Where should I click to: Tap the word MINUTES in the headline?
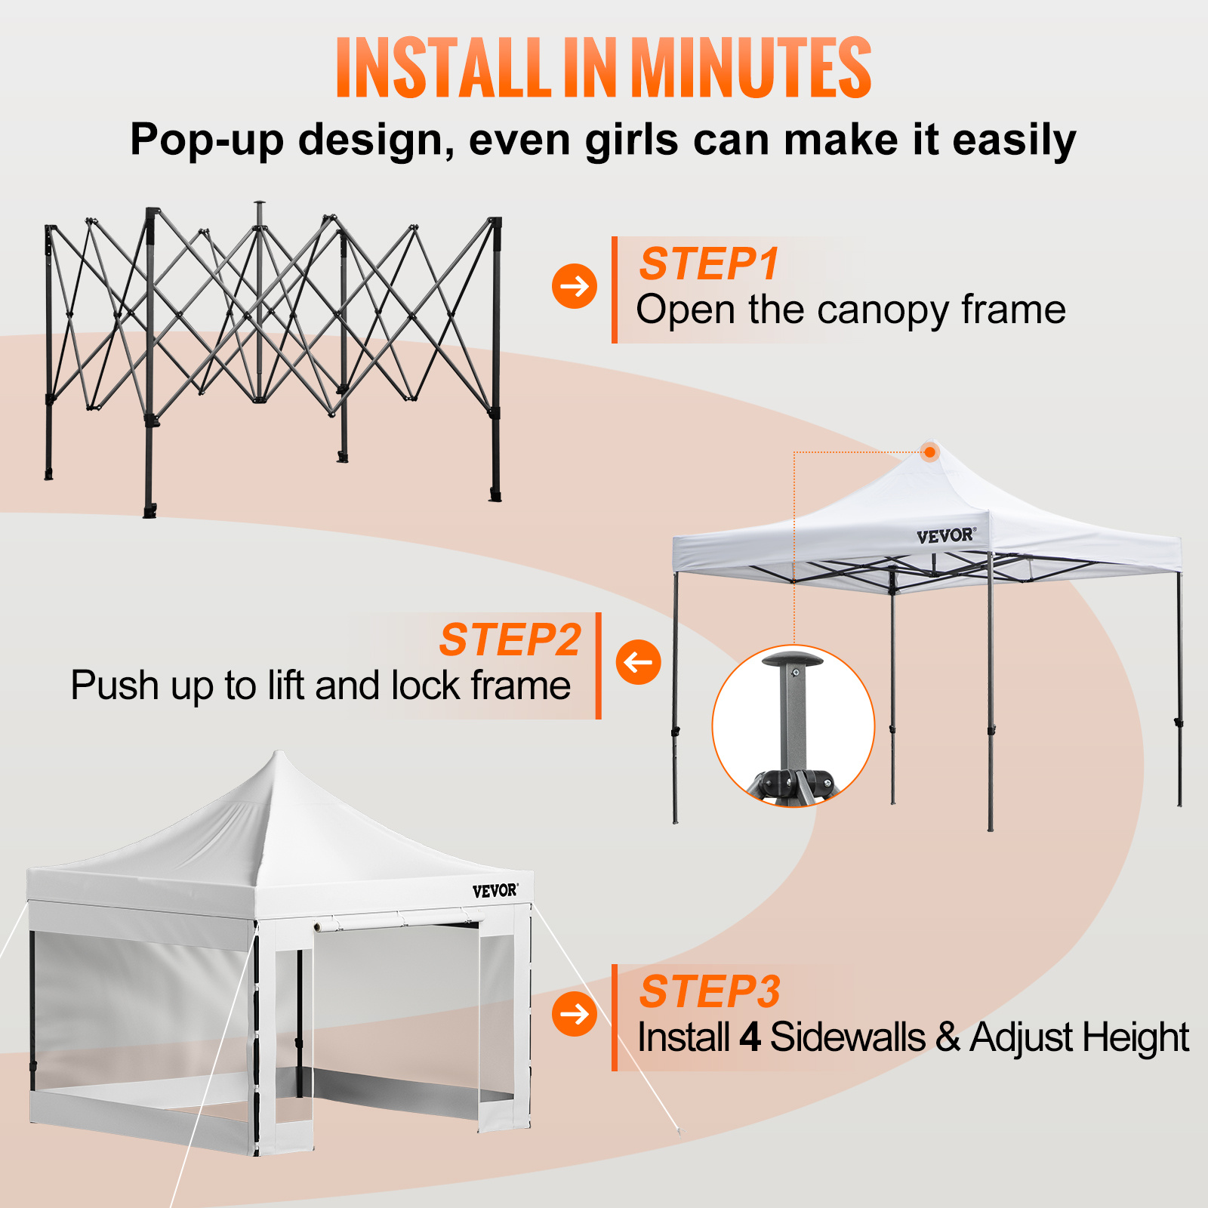pos(750,68)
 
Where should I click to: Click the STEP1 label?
pos(708,264)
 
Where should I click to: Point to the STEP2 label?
pos(510,640)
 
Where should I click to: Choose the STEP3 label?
pos(710,991)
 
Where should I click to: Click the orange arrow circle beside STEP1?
pos(575,286)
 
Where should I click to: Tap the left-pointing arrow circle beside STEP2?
pos(638,662)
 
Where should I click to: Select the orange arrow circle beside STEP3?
pos(575,1013)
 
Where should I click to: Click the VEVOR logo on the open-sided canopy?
pos(946,536)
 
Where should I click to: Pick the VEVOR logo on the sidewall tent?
pos(495,891)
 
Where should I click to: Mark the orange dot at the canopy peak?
pos(930,452)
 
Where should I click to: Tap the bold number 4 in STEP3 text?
pos(750,1037)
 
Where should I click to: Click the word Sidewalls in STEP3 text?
pos(847,1037)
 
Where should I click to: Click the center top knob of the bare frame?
pos(260,204)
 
